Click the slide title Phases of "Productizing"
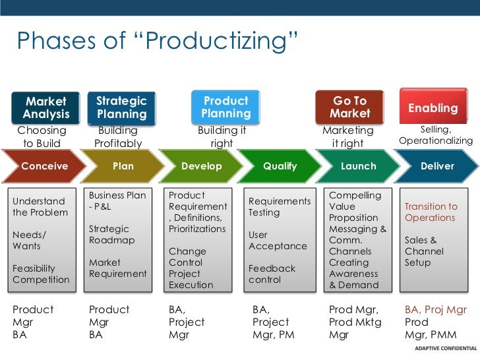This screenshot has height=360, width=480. pyautogui.click(x=158, y=41)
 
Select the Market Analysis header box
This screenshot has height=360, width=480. pyautogui.click(x=45, y=107)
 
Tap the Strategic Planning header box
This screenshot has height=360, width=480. pyautogui.click(x=121, y=107)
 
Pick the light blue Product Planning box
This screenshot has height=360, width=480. pyautogui.click(x=225, y=107)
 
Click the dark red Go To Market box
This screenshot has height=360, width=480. pyautogui.click(x=349, y=107)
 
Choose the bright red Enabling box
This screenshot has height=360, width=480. pyautogui.click(x=433, y=107)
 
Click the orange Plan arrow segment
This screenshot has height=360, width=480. pyautogui.click(x=123, y=166)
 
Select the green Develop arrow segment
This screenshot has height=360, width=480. pyautogui.click(x=201, y=166)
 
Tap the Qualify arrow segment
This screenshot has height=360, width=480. pyautogui.click(x=280, y=166)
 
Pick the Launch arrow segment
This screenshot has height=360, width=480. pyautogui.click(x=358, y=166)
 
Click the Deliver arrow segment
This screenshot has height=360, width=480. pyautogui.click(x=436, y=166)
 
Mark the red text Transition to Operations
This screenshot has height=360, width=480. pyautogui.click(x=431, y=212)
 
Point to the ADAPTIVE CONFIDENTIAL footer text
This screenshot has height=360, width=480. pyautogui.click(x=440, y=349)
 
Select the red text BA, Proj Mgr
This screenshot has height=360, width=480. pyautogui.click(x=436, y=310)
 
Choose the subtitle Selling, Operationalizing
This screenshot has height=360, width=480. pyautogui.click(x=436, y=135)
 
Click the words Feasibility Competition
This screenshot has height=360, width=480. pyautogui.click(x=41, y=274)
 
